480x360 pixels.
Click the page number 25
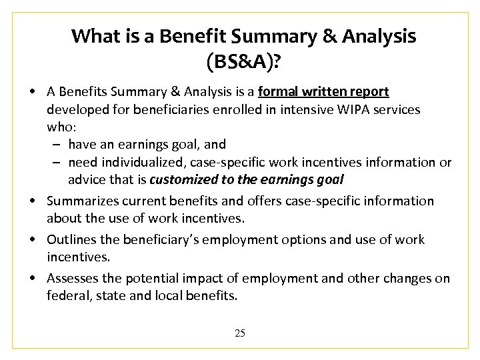(240, 333)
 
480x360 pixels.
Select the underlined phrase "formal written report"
(323, 91)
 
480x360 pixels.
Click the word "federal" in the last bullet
(67, 295)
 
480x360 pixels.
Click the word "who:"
(60, 127)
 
